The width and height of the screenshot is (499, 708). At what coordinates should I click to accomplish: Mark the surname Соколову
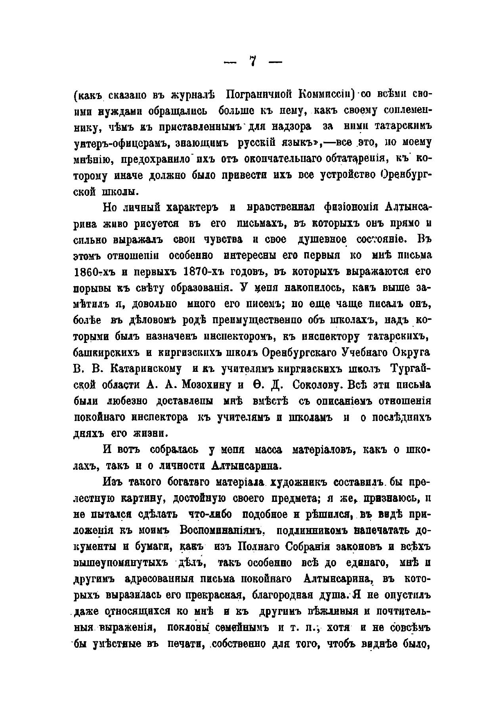pos(320,385)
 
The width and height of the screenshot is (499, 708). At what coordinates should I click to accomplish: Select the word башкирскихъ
pos(103,353)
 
